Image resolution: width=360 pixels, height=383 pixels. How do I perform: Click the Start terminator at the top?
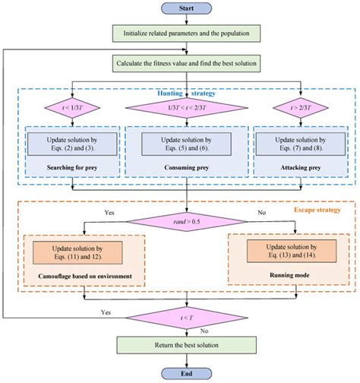coord(187,9)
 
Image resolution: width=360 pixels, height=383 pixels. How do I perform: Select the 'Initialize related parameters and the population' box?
coord(187,33)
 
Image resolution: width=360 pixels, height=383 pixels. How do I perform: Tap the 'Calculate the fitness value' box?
coord(187,63)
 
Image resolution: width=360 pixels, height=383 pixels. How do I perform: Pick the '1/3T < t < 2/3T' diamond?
coord(187,106)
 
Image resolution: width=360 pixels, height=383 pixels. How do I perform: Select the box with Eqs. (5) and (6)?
coord(187,144)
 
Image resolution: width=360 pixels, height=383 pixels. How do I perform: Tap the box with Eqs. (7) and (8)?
coord(302,144)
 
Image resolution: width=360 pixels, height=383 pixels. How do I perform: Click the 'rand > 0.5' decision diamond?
coord(187,222)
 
